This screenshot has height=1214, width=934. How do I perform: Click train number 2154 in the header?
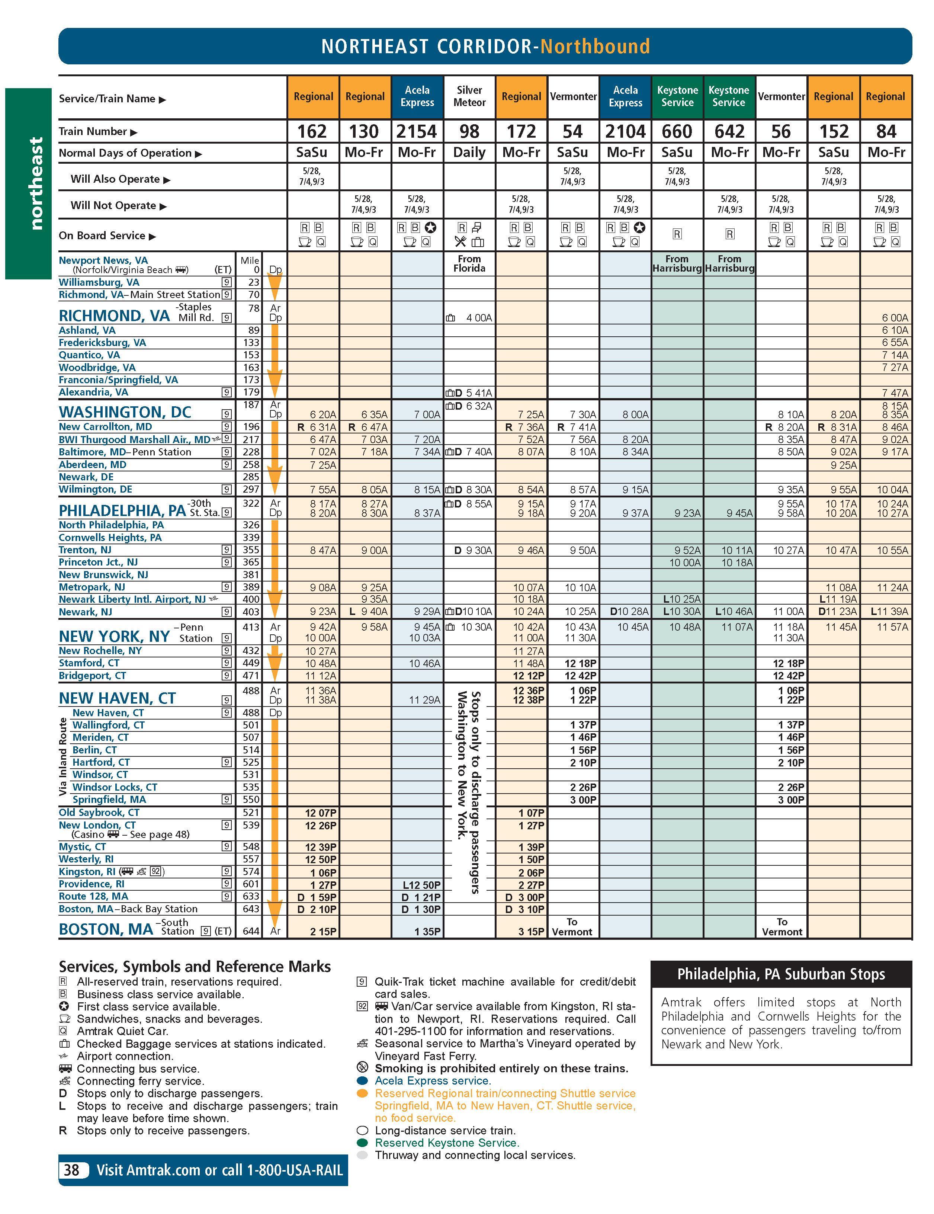coord(417,132)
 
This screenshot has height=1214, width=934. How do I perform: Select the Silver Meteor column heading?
coord(469,96)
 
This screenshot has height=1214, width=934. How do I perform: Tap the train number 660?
coord(677,132)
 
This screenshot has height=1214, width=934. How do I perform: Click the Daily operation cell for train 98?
coord(469,152)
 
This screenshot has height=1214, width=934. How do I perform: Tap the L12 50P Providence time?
coord(422,884)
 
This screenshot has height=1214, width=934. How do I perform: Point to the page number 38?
coord(72,1170)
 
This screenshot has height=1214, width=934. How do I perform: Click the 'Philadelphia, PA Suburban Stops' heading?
coord(781,974)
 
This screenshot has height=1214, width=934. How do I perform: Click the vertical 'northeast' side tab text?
coord(36,183)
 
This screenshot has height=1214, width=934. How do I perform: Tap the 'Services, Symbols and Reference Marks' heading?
coord(195,967)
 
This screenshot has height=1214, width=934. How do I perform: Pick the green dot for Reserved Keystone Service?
coord(362,1143)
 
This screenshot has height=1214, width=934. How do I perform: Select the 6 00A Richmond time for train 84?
coord(895,318)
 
